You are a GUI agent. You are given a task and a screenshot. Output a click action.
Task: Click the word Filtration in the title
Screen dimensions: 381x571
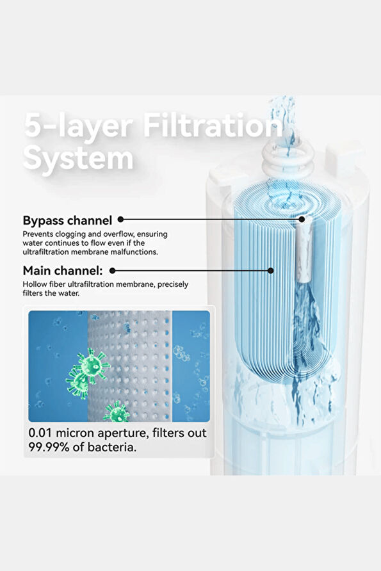pyautogui.click(x=213, y=125)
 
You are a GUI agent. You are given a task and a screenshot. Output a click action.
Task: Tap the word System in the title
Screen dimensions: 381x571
pyautogui.click(x=78, y=158)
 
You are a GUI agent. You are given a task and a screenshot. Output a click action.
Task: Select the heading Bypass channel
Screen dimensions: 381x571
pyautogui.click(x=67, y=220)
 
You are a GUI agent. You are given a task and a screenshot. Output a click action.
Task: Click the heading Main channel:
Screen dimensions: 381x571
pyautogui.click(x=63, y=271)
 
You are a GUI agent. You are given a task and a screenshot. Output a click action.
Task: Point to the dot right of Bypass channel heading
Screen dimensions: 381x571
pyautogui.click(x=121, y=220)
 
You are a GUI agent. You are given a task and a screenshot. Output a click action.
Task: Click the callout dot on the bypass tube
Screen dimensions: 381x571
pyautogui.click(x=302, y=219)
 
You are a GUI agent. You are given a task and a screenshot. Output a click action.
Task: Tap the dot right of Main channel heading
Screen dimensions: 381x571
pyautogui.click(x=113, y=271)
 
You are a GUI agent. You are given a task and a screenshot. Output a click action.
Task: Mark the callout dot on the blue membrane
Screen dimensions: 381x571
pyautogui.click(x=271, y=271)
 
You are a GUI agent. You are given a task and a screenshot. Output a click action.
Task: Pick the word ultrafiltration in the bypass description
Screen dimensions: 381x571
pyautogui.click(x=45, y=252)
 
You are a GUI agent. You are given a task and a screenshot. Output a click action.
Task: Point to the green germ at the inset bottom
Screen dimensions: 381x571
pyautogui.click(x=117, y=412)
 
